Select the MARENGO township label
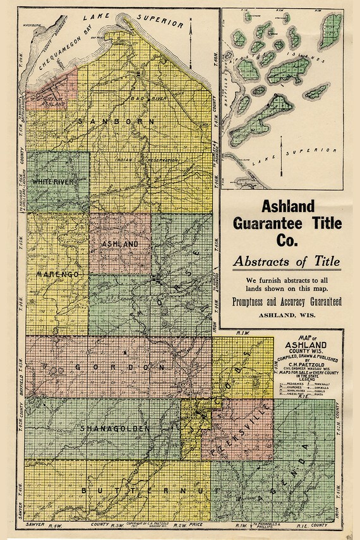pos(57,274)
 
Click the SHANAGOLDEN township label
pos(115,429)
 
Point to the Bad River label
pos(135,99)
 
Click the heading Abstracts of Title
pos(286,261)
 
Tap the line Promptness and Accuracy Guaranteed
pos(286,301)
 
